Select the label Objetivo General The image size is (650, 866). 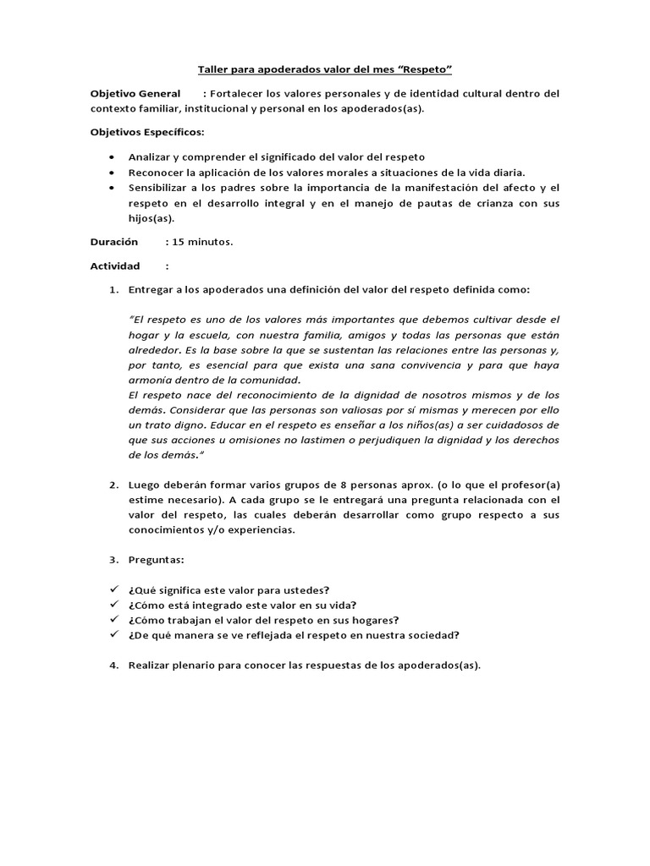click(x=135, y=93)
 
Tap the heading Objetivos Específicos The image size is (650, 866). click(x=147, y=133)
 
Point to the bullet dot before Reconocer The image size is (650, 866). click(x=113, y=173)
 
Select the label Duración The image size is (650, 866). click(x=114, y=242)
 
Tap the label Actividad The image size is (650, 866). click(x=115, y=266)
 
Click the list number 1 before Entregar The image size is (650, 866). click(x=113, y=289)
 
